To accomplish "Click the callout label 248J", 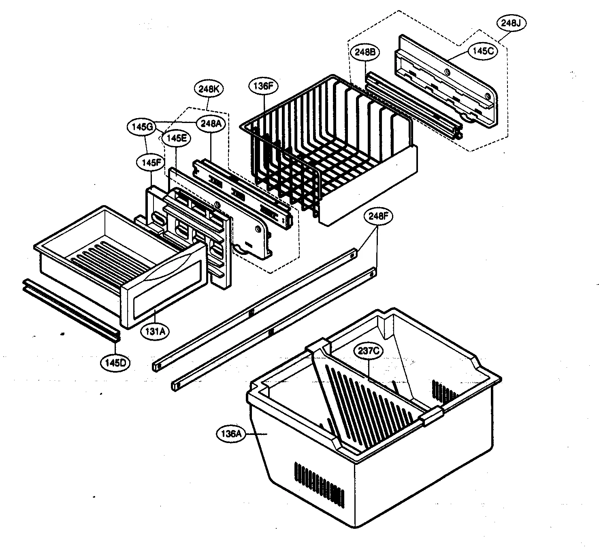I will [x=511, y=23].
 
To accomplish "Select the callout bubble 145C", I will [x=483, y=51].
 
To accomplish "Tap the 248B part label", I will [x=367, y=52].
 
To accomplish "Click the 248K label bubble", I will [x=209, y=89].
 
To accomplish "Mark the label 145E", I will [x=176, y=138].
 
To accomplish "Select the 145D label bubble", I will [x=115, y=363].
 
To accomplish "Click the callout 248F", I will [x=377, y=216].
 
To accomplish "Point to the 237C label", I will [x=368, y=351].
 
